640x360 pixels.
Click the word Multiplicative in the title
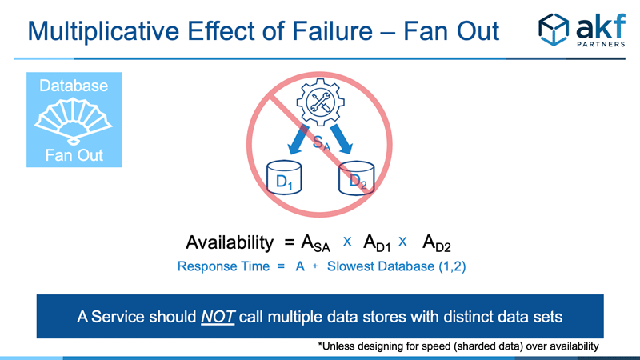coord(103,31)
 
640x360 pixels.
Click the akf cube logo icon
coord(554,30)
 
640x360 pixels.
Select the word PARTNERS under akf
coord(601,44)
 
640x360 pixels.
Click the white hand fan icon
coord(74,122)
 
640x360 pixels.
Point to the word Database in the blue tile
coord(74,86)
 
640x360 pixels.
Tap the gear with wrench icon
coord(321,102)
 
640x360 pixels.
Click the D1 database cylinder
coord(284,178)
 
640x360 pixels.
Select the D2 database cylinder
coord(356,178)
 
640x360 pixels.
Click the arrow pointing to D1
coord(298,139)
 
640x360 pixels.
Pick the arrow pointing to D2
coord(342,139)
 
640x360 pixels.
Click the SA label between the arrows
coord(322,143)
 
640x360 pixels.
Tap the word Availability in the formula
coord(230,242)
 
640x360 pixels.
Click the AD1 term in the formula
coord(377,243)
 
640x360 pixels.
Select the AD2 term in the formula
coord(436,243)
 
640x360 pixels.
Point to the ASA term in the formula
coord(315,243)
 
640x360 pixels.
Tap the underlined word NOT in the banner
coord(218,317)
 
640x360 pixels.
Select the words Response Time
coord(223,266)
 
